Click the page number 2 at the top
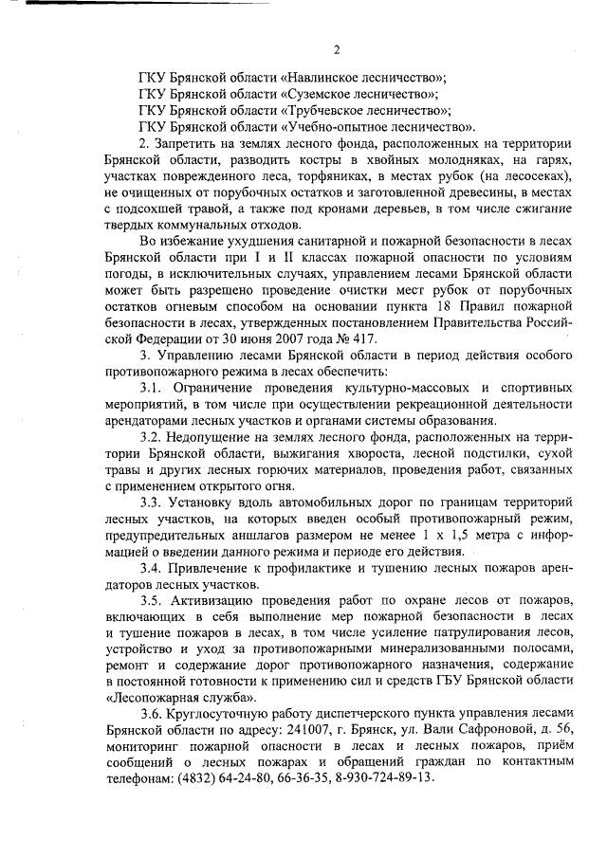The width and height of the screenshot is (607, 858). [x=336, y=49]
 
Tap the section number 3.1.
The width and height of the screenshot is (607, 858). [x=150, y=387]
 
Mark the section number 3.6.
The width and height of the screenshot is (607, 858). [x=150, y=714]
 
